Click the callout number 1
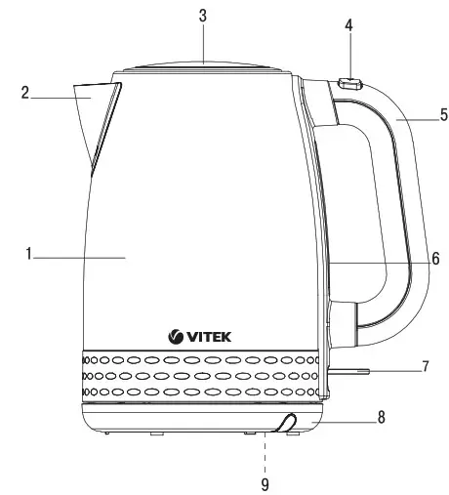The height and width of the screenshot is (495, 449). click(30, 255)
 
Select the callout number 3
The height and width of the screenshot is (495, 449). click(204, 17)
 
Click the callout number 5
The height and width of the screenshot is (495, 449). click(442, 115)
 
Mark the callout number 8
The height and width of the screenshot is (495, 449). click(381, 417)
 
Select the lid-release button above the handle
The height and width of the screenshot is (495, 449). click(348, 84)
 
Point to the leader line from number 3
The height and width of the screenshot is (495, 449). click(204, 44)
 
